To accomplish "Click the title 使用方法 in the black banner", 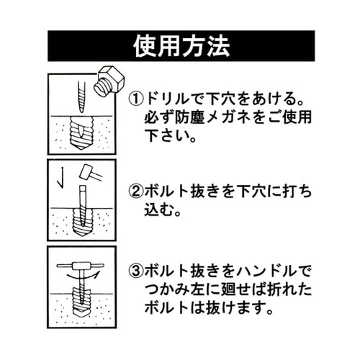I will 181,46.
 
